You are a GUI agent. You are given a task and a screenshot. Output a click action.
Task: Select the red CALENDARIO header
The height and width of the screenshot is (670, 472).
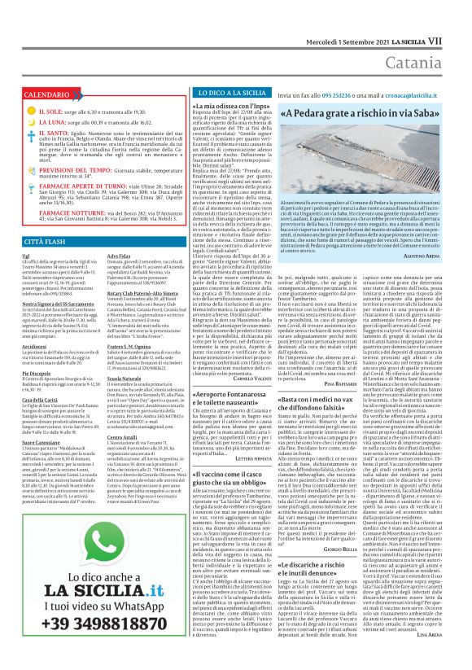36,95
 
